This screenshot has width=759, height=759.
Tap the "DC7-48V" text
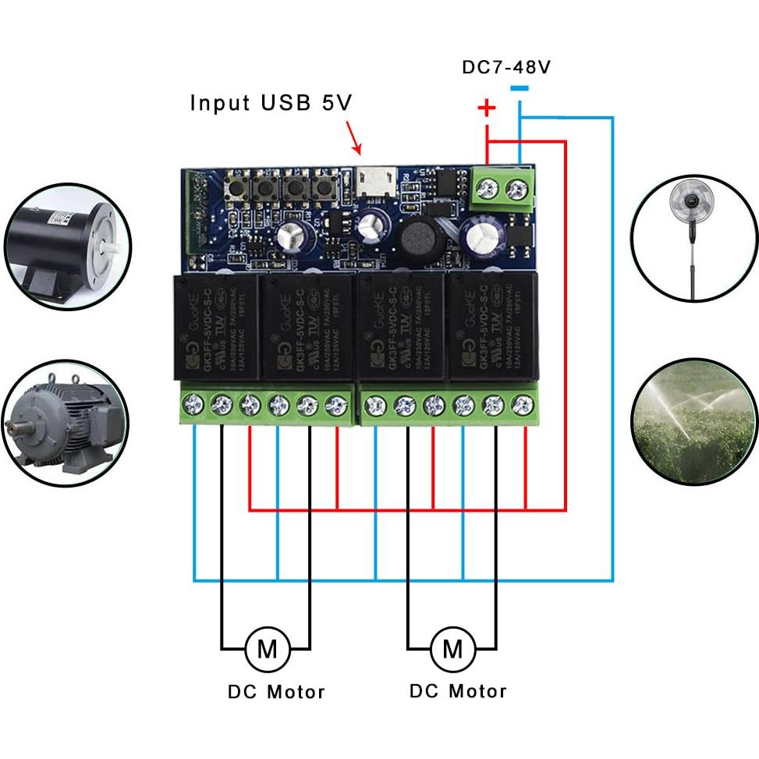(506, 67)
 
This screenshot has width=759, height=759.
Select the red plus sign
(487, 108)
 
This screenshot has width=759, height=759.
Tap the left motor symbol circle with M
(267, 648)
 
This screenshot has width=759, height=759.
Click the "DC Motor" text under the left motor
(276, 692)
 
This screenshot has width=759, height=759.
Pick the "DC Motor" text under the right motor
(458, 691)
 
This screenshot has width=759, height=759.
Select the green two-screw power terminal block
(504, 190)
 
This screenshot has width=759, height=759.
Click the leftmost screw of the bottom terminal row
(193, 404)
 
